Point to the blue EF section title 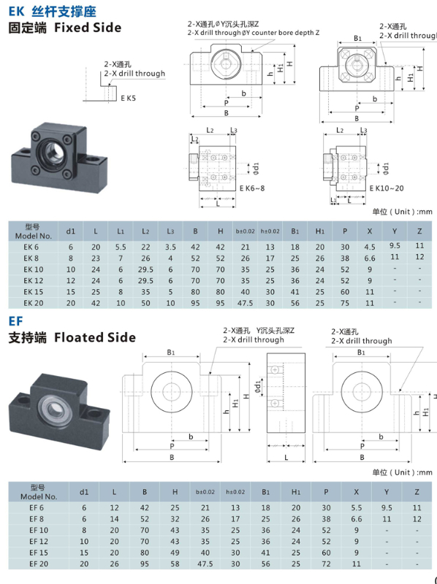pyautogui.click(x=15, y=320)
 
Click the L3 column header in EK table pyautogui.click(x=170, y=232)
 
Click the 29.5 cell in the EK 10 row pyautogui.click(x=145, y=269)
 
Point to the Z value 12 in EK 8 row pyautogui.click(x=419, y=256)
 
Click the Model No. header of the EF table pyautogui.click(x=37, y=490)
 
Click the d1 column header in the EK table pyautogui.click(x=71, y=232)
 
